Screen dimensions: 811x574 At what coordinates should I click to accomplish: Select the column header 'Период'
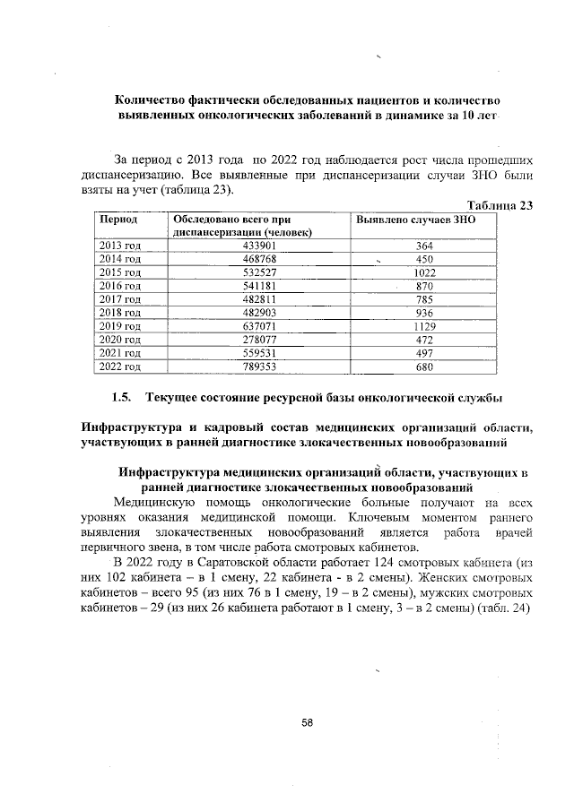click(x=117, y=219)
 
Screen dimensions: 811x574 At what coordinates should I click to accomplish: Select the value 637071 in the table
click(x=259, y=326)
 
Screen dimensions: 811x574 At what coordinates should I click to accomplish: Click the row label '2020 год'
click(x=119, y=340)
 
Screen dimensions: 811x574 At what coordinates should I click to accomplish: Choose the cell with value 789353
click(x=259, y=367)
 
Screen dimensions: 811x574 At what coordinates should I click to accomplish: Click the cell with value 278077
click(x=259, y=340)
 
